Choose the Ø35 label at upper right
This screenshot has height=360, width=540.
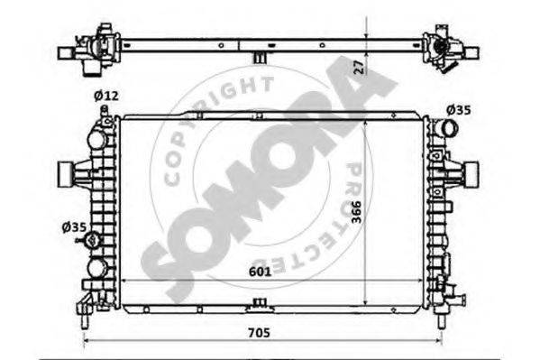[458, 110]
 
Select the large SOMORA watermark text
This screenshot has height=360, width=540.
[270, 180]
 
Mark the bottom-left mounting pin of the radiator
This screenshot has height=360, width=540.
[83, 318]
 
